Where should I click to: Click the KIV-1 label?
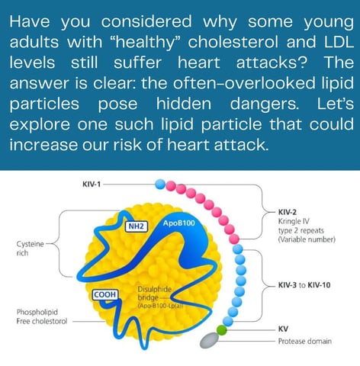92,184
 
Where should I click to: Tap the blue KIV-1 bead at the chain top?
160,184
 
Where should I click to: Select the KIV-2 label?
288,212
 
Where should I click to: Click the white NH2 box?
137,226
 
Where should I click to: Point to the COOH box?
105,294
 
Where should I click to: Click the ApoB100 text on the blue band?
179,223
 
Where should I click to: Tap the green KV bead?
221,330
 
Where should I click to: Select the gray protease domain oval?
210,340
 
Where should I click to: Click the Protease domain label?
305,341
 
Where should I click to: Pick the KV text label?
283,329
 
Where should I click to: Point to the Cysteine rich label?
30,249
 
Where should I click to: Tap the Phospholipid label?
37,312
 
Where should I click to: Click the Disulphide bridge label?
154,294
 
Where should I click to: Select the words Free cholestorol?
42,321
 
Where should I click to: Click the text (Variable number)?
307,239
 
